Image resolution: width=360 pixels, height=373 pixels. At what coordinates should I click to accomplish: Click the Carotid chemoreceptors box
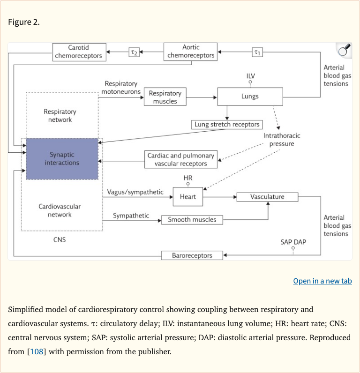click(x=78, y=52)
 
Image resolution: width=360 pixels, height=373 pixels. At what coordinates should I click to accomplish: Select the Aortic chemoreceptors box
click(x=190, y=52)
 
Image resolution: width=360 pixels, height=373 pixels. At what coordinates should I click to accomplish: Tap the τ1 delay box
click(x=257, y=52)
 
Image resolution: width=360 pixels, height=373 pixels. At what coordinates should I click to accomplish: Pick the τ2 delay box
click(x=134, y=52)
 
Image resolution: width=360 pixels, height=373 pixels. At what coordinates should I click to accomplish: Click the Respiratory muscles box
click(x=165, y=97)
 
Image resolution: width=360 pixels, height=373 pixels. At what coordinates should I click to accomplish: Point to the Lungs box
click(x=250, y=97)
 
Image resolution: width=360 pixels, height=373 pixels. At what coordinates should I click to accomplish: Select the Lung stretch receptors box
click(x=227, y=125)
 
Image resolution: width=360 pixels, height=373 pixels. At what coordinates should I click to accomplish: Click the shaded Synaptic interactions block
click(x=62, y=159)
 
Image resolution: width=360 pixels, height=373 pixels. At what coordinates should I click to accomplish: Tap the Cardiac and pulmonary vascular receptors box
click(x=181, y=159)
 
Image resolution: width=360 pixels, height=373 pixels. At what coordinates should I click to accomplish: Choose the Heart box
click(x=187, y=197)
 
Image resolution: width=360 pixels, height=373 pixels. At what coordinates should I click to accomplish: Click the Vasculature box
click(x=267, y=197)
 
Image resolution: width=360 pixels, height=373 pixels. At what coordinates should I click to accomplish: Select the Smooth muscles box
click(x=192, y=219)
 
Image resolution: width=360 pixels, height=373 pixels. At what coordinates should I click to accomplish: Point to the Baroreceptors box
click(x=192, y=255)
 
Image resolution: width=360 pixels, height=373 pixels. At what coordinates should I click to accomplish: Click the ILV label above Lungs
click(x=251, y=76)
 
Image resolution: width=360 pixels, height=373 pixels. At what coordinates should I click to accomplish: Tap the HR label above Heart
click(x=188, y=178)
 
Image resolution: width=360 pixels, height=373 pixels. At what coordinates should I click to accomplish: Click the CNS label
click(x=60, y=240)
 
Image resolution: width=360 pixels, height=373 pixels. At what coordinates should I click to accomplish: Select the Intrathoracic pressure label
click(x=282, y=140)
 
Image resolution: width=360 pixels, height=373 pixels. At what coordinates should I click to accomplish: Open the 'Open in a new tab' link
click(x=322, y=281)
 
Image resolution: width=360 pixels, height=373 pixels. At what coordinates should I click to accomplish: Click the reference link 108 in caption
click(x=37, y=351)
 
